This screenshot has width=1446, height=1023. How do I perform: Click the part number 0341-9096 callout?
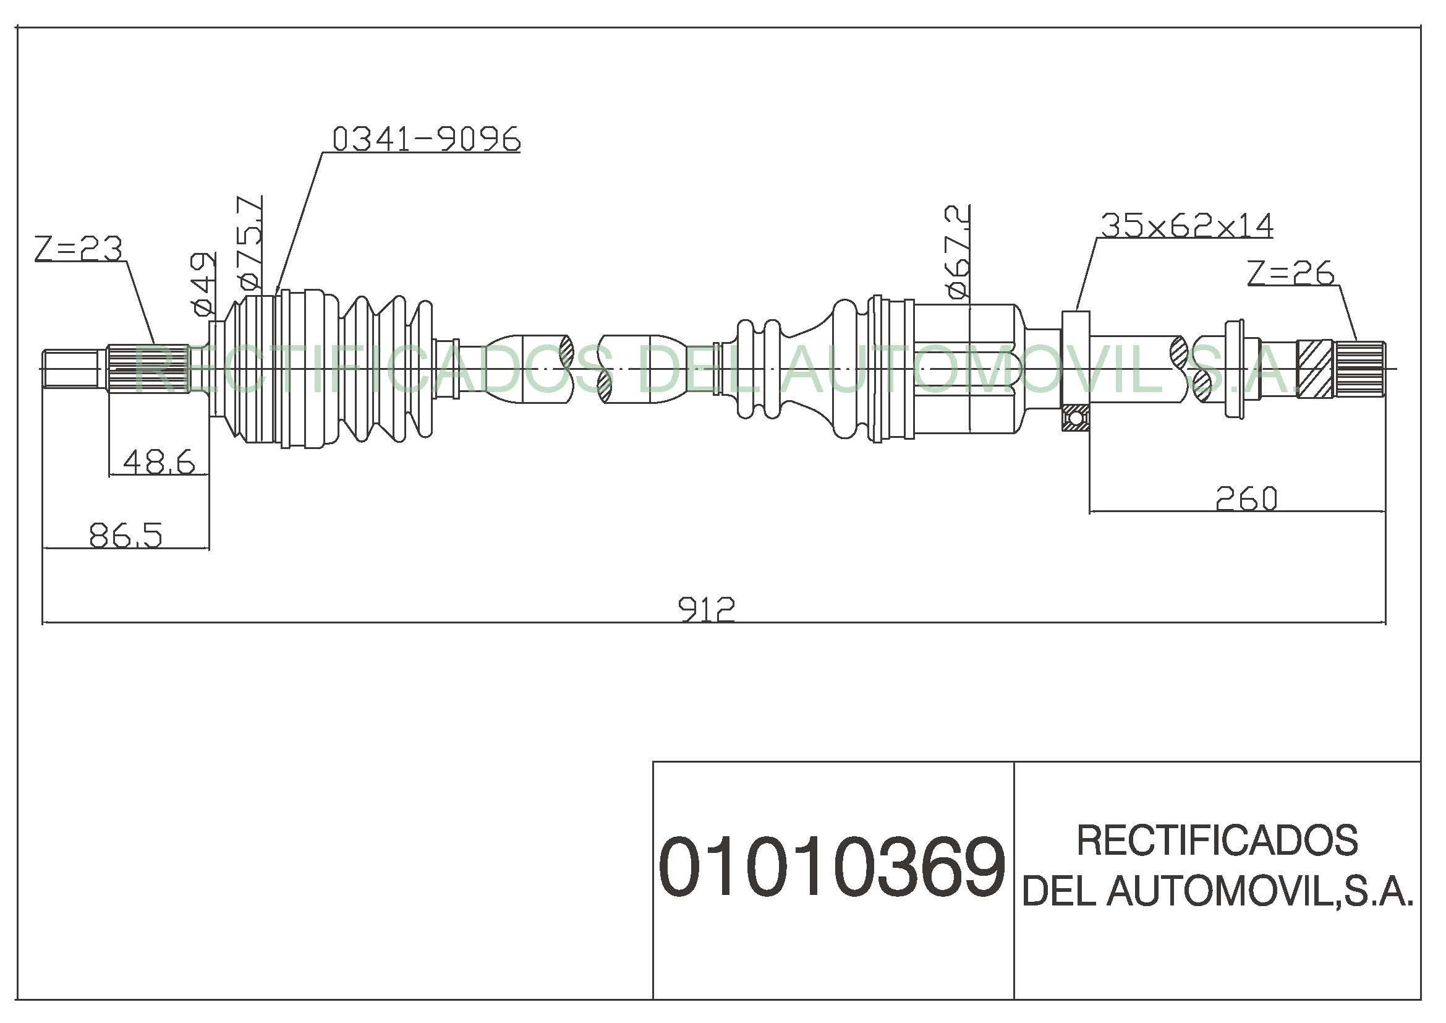[427, 139]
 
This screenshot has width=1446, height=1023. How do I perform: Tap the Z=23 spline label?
[78, 249]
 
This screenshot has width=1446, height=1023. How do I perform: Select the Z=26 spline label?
[1290, 273]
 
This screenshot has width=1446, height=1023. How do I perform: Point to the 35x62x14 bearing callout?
[1186, 226]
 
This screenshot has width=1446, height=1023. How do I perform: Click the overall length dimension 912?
[706, 609]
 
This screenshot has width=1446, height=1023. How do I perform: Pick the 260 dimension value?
[1246, 499]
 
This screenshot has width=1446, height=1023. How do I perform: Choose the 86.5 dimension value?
[126, 536]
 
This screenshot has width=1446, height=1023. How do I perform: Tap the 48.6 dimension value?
[159, 462]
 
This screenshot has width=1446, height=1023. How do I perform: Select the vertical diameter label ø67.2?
[956, 251]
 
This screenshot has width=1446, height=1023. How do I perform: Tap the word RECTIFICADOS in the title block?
[1217, 840]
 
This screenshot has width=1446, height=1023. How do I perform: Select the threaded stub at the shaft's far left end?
[70, 369]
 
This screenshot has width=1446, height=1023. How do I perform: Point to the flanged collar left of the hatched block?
[1236, 369]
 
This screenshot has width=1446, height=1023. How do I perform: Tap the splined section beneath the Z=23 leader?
[148, 369]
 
